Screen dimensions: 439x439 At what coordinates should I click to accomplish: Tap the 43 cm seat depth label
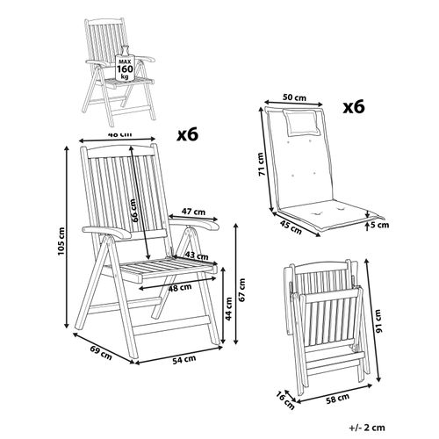[197, 255]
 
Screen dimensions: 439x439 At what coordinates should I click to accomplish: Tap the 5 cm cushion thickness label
[378, 227]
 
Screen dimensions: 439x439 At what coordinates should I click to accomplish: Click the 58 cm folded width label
[332, 400]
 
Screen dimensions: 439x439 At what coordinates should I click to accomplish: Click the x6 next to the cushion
[351, 111]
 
